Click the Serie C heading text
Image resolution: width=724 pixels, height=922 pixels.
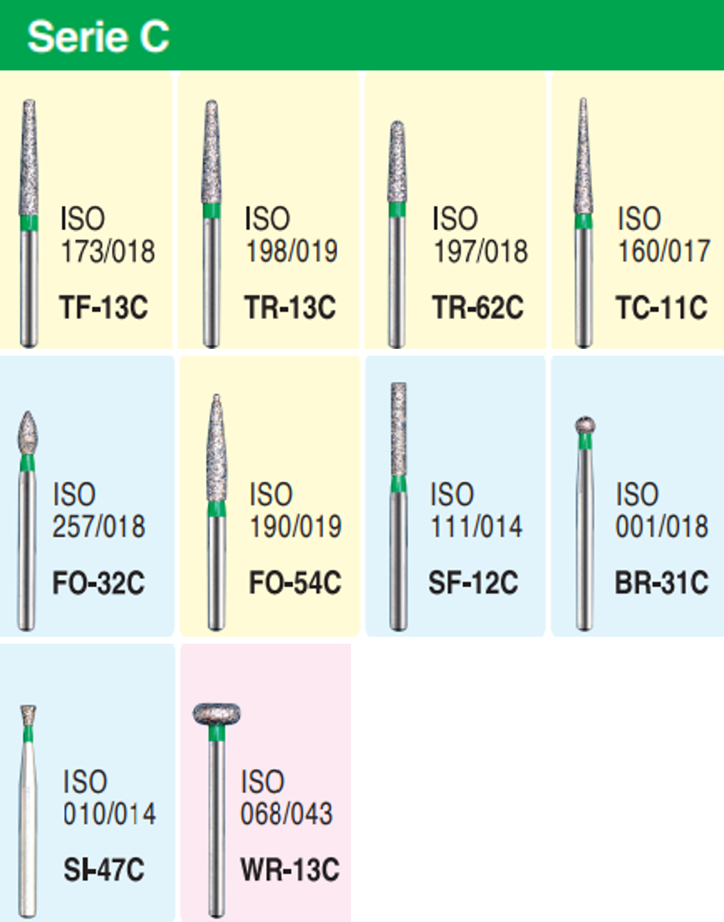[98, 36]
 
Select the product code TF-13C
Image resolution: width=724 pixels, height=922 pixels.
[104, 307]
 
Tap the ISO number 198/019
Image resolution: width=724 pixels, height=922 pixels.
[292, 251]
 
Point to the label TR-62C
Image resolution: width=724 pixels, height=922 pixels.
[478, 307]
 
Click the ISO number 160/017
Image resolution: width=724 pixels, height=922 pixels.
[664, 251]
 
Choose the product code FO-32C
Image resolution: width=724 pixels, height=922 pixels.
[99, 584]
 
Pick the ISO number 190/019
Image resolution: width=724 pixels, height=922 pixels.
[296, 526]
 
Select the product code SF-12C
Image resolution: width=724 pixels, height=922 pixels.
[473, 584]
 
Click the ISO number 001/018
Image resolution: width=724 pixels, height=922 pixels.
[662, 526]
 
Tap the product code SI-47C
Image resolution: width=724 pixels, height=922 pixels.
[104, 870]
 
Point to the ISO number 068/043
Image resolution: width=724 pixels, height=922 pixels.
[287, 814]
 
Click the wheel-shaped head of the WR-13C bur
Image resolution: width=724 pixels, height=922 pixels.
[216, 714]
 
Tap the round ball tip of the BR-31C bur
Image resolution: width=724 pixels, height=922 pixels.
[585, 424]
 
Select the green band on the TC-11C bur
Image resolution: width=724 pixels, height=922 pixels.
[584, 222]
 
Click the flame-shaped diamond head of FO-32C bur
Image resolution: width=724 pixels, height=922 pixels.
[28, 432]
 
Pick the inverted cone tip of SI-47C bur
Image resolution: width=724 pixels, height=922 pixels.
[28, 714]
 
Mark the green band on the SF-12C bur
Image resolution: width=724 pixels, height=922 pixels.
[399, 483]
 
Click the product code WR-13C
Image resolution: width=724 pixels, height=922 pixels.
[290, 870]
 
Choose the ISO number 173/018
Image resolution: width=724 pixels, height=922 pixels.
[108, 251]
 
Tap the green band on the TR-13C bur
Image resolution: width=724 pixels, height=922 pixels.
[212, 211]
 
